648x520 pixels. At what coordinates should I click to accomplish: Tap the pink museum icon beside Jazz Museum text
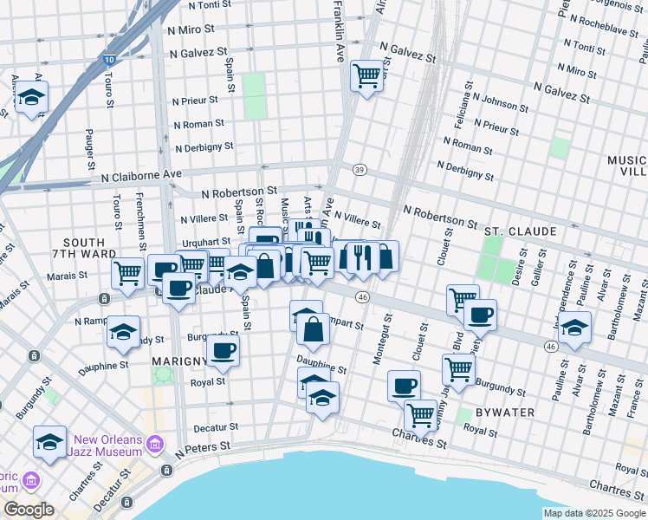click(155, 445)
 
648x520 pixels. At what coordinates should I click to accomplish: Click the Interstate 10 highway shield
click(107, 60)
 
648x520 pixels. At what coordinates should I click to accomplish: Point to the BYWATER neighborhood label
click(506, 412)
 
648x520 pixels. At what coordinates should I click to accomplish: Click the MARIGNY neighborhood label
click(177, 360)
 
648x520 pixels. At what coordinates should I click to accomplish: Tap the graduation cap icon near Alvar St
click(574, 328)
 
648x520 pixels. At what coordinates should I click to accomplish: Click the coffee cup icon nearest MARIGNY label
click(223, 350)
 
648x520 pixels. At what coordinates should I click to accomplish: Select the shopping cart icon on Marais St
click(128, 273)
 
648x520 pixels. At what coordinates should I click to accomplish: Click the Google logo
click(29, 510)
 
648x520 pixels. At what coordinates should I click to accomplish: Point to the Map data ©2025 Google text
click(594, 513)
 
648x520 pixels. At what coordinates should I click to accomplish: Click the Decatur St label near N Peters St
click(216, 426)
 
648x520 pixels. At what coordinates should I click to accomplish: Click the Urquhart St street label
click(206, 242)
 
